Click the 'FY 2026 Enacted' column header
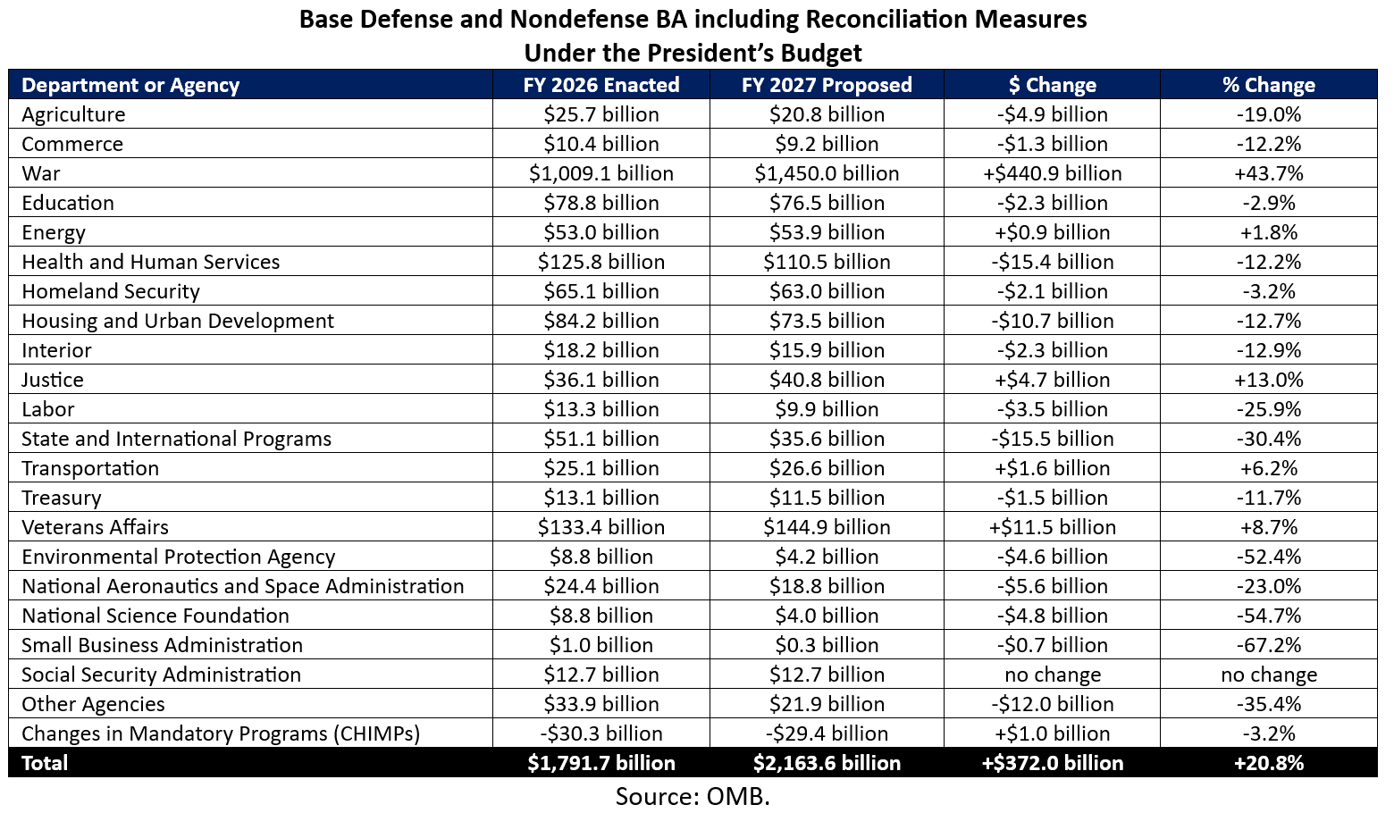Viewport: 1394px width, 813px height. click(600, 85)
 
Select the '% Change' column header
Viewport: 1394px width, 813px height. click(1268, 85)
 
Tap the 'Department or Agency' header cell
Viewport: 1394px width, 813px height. click(130, 85)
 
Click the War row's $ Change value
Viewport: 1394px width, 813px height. click(1052, 173)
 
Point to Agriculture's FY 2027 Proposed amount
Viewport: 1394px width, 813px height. click(827, 114)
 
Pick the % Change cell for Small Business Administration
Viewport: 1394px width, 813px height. click(1268, 645)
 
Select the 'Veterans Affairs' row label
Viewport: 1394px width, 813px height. click(95, 527)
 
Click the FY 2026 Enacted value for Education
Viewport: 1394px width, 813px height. click(600, 203)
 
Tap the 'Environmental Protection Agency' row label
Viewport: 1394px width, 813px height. click(178, 557)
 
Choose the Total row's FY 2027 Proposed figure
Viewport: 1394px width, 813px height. click(827, 763)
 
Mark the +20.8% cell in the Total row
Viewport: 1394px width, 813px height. click(1268, 763)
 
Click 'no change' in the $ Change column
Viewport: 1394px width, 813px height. click(1052, 675)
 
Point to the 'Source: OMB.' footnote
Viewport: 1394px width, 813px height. click(693, 796)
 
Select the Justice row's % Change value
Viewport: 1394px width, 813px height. click(1268, 380)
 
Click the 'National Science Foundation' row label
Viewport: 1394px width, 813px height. click(155, 616)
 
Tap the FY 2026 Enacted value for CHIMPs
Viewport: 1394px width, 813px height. click(600, 733)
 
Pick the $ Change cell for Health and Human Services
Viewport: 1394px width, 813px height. click(1052, 262)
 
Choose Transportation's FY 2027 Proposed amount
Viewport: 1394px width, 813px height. click(827, 468)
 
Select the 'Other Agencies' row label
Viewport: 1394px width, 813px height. click(93, 704)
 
